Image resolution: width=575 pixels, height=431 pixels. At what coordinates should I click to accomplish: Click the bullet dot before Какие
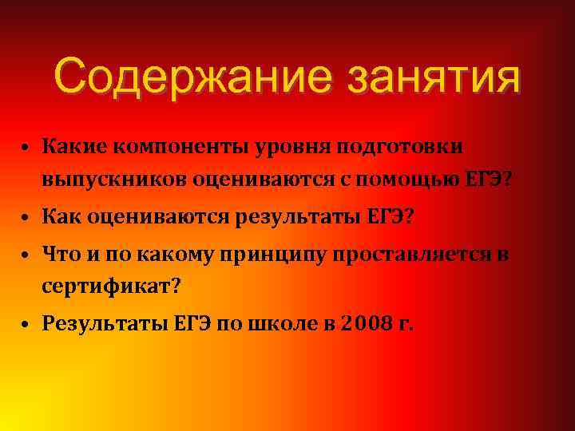point(26,150)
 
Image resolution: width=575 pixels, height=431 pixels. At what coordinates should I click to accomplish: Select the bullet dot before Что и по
point(26,255)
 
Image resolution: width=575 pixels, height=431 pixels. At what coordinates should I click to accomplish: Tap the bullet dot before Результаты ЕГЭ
point(26,325)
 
